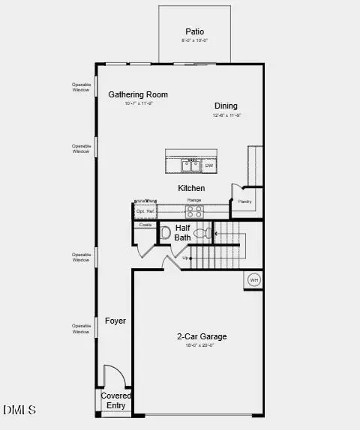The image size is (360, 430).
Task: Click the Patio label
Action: (195, 31)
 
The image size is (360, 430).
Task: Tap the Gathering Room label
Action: (138, 94)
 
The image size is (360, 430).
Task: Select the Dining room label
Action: (226, 106)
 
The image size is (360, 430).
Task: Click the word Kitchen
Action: (191, 188)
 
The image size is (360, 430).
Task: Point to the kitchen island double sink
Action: (190, 165)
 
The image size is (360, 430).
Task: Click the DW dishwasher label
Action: (209, 166)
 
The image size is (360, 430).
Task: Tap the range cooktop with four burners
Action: (194, 211)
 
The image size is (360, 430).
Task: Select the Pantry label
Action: (244, 202)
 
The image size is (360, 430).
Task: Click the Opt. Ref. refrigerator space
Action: (145, 211)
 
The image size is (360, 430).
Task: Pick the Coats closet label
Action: (145, 225)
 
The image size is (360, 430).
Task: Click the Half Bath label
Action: (183, 232)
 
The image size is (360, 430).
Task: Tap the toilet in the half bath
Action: (201, 234)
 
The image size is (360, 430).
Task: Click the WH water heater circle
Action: (253, 279)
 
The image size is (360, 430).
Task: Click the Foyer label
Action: (115, 321)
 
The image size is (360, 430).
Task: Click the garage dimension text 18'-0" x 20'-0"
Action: (199, 345)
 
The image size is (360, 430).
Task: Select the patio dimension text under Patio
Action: (195, 40)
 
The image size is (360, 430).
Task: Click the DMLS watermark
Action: (19, 410)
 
